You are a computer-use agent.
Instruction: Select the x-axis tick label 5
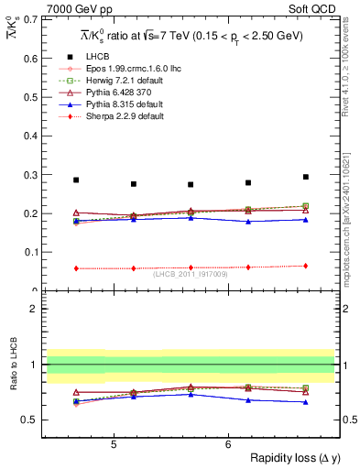coord(113,444)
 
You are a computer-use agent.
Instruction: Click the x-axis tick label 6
coord(228,444)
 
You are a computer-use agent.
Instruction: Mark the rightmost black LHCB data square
coord(305,177)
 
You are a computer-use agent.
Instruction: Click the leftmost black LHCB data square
coord(76,180)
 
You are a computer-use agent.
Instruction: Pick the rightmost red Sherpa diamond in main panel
coord(305,266)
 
